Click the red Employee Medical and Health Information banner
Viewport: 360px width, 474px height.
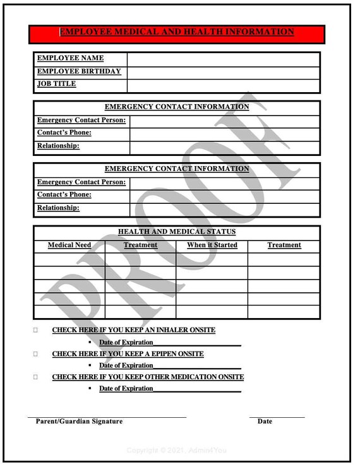(x=177, y=33)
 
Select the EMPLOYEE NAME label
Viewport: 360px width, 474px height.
(x=70, y=58)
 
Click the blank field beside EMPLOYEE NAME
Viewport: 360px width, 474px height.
(x=223, y=59)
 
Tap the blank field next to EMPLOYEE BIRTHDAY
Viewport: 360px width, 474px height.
(x=223, y=72)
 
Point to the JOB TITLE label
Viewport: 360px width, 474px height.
(x=56, y=84)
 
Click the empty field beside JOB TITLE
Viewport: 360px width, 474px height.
(x=223, y=85)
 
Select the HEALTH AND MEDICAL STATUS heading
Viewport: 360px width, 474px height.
(x=177, y=232)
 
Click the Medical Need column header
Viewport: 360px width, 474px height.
(x=69, y=246)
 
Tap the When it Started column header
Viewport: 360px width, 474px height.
(x=212, y=246)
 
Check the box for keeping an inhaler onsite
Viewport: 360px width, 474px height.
(x=36, y=330)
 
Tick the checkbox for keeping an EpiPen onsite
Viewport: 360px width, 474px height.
(x=36, y=354)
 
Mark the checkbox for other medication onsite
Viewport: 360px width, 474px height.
(x=36, y=377)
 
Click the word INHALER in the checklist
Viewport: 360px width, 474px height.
(x=170, y=330)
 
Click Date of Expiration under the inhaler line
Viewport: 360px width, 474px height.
(x=126, y=342)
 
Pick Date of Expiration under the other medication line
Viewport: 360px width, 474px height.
(x=126, y=389)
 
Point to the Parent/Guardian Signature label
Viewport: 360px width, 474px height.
(x=79, y=422)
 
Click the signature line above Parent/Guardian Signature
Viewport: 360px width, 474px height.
(x=107, y=417)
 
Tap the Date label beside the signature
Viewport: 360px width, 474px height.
(x=265, y=422)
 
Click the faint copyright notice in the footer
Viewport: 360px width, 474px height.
(x=176, y=451)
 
